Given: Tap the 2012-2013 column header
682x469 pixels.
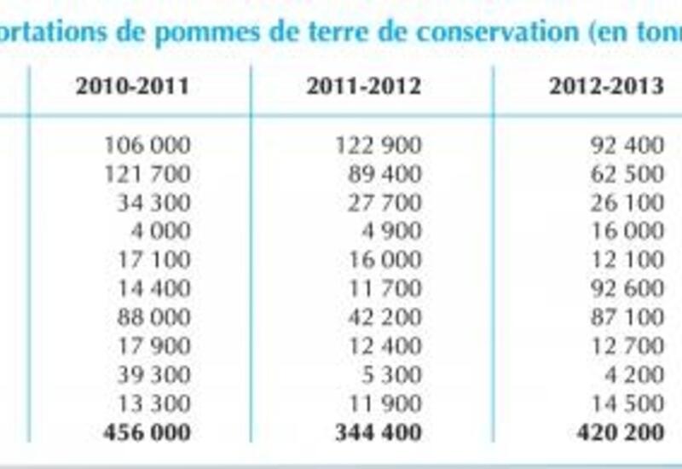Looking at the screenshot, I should (605, 87).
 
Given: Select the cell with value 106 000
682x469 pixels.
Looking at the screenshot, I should (147, 145).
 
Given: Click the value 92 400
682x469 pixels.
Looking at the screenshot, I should (627, 145).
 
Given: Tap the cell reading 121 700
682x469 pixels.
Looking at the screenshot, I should (147, 174).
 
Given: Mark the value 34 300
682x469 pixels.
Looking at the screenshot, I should (153, 203).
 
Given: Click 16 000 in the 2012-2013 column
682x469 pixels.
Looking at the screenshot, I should (627, 231).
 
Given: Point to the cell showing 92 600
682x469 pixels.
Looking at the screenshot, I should (627, 288).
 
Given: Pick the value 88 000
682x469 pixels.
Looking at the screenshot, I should (153, 317).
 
